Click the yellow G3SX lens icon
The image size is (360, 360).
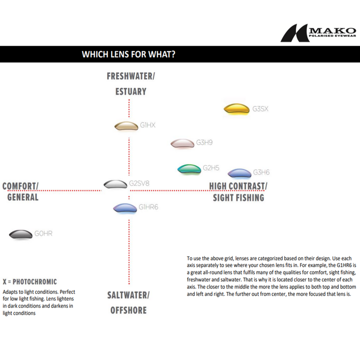point(236,109)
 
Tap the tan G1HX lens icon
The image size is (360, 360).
point(126,126)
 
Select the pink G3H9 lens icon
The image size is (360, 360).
point(182,143)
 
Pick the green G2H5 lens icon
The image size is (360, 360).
point(189,169)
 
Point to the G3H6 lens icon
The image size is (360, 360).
point(239,173)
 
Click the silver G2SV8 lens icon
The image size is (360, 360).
point(115,184)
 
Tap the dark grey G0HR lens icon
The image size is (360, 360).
point(21,234)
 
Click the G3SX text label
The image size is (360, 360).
point(260,109)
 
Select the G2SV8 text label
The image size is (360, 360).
point(139,183)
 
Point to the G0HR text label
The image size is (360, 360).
point(44,234)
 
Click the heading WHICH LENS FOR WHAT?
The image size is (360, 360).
point(129,54)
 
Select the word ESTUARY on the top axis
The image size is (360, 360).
point(131,91)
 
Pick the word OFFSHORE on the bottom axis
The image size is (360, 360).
point(128,310)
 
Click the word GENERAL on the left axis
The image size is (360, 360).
point(23,197)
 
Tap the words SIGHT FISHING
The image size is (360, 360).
point(238,197)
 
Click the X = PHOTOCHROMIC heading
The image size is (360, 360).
point(30,282)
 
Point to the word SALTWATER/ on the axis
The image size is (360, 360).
point(128,295)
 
